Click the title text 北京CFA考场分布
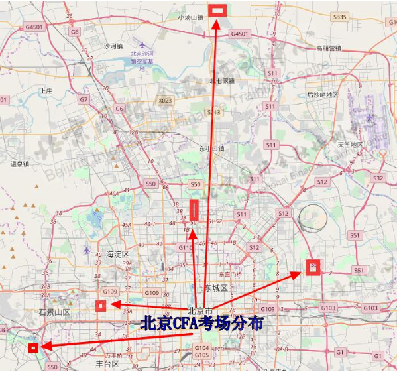pos(201,324)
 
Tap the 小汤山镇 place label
pos(190,17)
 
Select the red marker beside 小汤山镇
pos(217,10)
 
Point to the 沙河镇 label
pos(113,46)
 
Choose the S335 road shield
pos(340,17)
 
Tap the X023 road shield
pos(164,101)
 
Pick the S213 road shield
pos(213,112)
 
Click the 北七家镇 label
pos(223,81)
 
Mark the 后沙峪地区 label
pos(322,95)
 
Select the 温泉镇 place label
pos(21,163)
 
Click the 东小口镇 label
pos(211,149)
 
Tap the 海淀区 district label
pos(117,255)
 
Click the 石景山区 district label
pos(54,312)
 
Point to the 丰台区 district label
pos(107,364)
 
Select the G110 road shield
pos(185,247)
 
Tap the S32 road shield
pos(378,178)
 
